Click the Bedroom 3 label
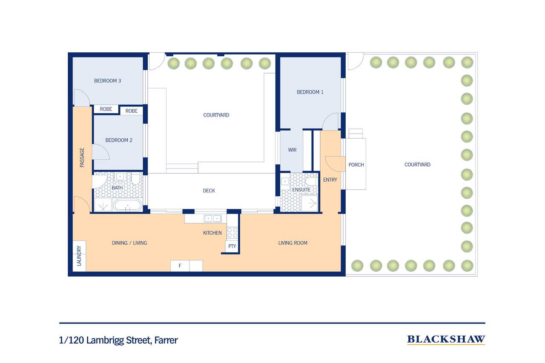coord(108,81)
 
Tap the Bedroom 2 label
coord(119,140)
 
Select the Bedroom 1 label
coord(310,92)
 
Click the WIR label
coord(292,150)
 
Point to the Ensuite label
coord(301,190)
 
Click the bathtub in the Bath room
coord(128,205)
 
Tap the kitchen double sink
coord(212,219)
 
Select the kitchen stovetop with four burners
coord(232,233)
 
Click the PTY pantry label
coord(232,246)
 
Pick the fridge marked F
coord(180,266)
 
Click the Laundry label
coord(79,256)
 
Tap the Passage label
coord(82,157)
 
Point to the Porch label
coord(356,165)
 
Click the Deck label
coord(209,191)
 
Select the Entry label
coord(330,180)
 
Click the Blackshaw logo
coord(446,340)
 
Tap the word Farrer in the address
coord(166,340)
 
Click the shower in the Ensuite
coord(310,203)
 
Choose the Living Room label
coord(293,243)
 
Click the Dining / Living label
coord(129,243)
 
